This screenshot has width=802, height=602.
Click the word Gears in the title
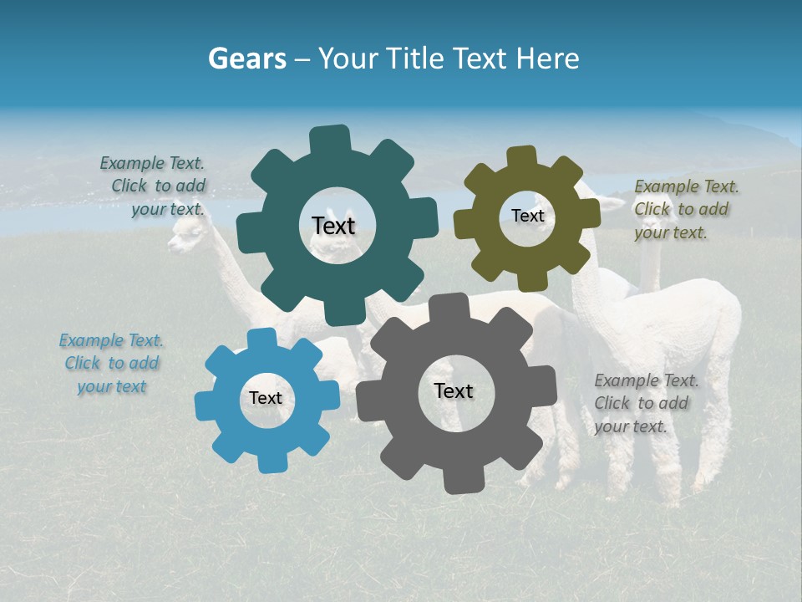click(x=246, y=59)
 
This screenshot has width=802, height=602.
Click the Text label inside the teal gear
click(x=333, y=226)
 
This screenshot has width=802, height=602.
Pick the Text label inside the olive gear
click(x=527, y=216)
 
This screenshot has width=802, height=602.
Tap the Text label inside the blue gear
click(x=266, y=399)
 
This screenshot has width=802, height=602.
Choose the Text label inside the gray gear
click(x=454, y=390)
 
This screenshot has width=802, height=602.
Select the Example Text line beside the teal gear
click(x=152, y=164)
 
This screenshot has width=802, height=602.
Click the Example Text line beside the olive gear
click(x=687, y=186)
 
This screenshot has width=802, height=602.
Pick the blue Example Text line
click(x=111, y=340)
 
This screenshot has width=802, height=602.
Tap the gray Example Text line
click(x=647, y=380)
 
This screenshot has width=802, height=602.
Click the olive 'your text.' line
click(x=671, y=233)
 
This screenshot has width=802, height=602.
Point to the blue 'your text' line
click(x=112, y=386)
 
